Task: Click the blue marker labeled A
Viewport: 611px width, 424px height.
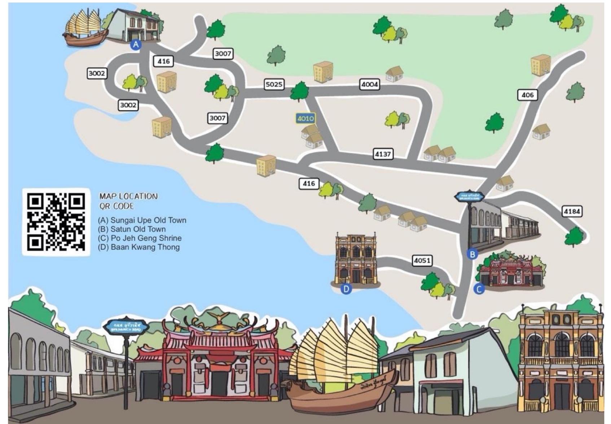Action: coord(136,44)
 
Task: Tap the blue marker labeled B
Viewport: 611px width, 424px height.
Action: coord(472,254)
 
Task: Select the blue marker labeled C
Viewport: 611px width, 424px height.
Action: coord(479,289)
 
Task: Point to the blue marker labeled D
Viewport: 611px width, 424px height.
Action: coord(346,289)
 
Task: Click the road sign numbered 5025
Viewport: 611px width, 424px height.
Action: coord(274,84)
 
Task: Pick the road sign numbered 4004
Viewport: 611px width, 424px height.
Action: coord(370,84)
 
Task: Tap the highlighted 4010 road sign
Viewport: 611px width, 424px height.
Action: coord(305,118)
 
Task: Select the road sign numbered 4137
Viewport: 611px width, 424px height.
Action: coord(383,154)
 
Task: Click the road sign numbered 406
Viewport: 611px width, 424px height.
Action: coord(527,95)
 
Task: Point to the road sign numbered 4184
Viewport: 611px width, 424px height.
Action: coord(572,211)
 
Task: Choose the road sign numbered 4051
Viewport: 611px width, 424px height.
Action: coord(422,260)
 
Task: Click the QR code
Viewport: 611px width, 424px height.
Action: coord(56,222)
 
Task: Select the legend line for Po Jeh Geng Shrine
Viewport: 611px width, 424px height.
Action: coord(140,238)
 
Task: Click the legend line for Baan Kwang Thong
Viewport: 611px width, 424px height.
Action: coord(139,247)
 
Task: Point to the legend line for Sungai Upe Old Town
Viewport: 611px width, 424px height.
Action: coord(142,220)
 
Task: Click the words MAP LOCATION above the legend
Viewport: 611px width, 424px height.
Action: coord(128,196)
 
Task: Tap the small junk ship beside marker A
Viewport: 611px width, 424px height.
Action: coord(85,28)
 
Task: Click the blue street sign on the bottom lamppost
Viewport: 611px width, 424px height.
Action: coord(126,327)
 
